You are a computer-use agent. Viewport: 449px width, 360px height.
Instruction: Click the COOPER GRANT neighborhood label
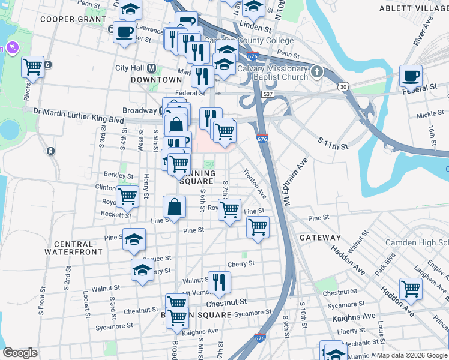65,19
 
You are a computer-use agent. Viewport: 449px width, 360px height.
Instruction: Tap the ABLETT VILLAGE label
414,9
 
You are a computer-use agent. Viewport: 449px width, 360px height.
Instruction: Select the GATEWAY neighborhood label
320,238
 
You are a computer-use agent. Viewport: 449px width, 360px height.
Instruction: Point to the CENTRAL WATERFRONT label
73,248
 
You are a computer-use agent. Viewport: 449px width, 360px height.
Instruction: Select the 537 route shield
268,94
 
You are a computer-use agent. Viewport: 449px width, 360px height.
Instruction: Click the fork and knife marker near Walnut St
219,281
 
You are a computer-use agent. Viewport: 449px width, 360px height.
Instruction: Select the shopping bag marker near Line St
173,208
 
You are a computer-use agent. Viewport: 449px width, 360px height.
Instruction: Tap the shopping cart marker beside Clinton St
127,196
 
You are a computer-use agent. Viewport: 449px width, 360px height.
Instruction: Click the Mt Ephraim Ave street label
295,182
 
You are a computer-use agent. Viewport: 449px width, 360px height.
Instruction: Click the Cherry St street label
241,263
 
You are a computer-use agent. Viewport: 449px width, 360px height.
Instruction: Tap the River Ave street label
423,35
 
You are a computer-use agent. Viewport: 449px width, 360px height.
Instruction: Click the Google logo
20,353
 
